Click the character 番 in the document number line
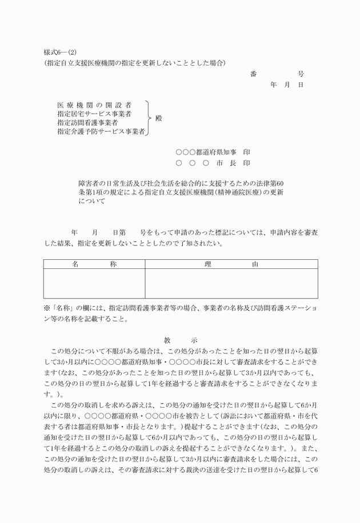pos(253,74)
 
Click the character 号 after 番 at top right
pos(301,74)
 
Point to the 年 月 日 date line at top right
pos(286,85)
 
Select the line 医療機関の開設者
pos(94,105)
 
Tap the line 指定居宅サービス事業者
pos(94,114)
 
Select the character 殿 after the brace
pos(159,118)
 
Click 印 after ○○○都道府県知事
pos(246,152)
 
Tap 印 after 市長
pos(246,163)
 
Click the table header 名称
pos(94,264)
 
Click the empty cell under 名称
pos(94,283)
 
